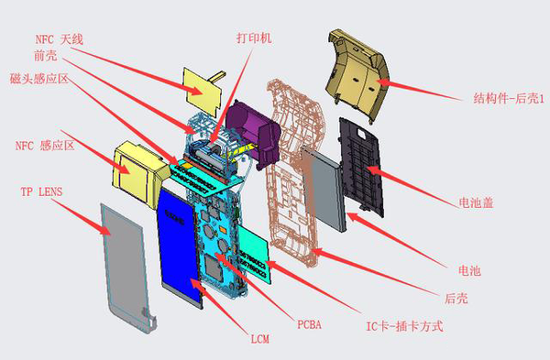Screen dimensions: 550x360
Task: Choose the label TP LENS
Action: tap(42, 193)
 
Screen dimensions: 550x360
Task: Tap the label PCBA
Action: tap(309, 323)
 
